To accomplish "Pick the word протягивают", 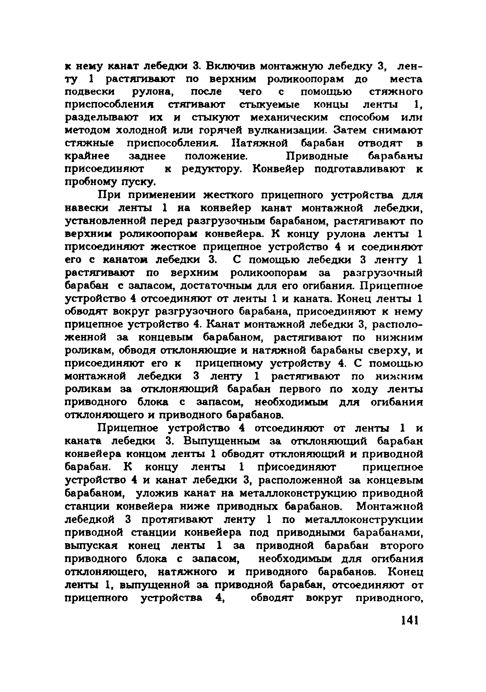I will coord(178,520).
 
